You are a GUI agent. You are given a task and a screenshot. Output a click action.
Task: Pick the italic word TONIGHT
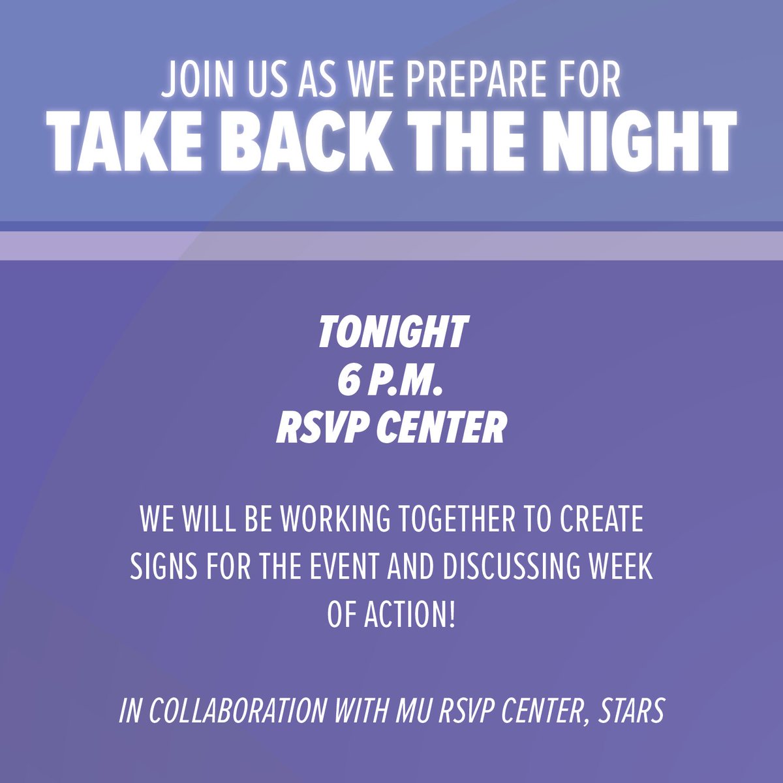[x=392, y=331]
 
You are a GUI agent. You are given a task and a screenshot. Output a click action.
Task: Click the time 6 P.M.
[x=391, y=380]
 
